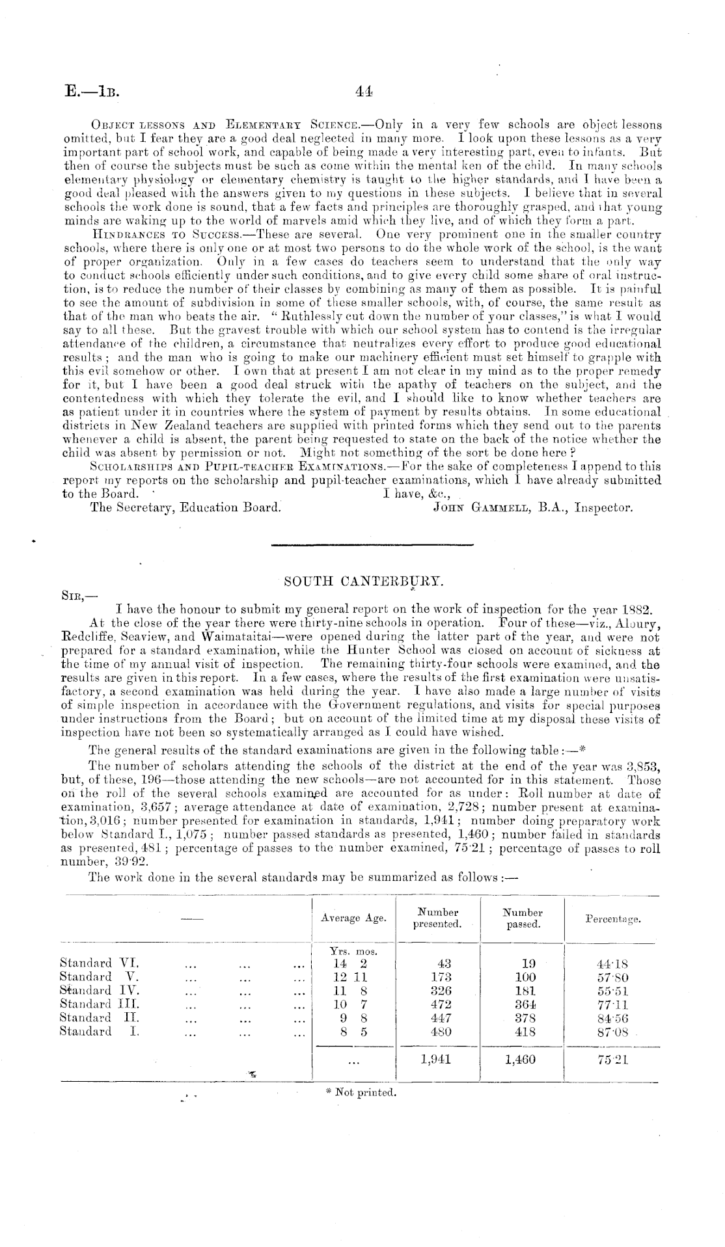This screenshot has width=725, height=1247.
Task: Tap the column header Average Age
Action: click(x=353, y=918)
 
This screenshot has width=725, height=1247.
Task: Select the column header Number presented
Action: click(x=437, y=918)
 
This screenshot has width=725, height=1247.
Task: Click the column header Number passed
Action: click(x=524, y=918)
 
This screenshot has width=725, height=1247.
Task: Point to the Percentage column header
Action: click(x=612, y=919)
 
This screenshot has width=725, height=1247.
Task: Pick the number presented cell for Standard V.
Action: click(x=442, y=976)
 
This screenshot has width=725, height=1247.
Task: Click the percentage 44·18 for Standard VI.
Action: click(x=612, y=963)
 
